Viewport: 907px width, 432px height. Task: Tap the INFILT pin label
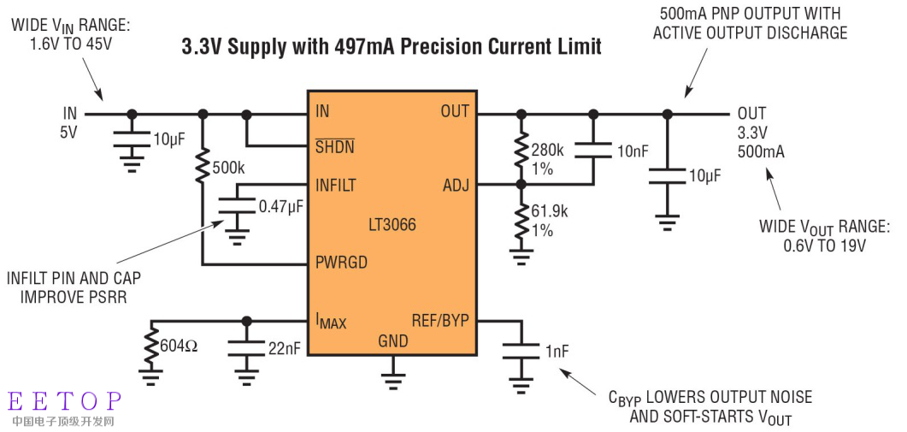[x=336, y=185]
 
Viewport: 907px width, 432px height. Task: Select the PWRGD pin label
[x=341, y=263]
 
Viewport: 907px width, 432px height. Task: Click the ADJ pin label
[x=456, y=185]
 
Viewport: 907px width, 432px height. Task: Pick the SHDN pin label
[x=334, y=146]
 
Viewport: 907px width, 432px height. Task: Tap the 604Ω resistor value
[x=180, y=346]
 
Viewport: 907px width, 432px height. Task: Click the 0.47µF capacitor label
[x=280, y=206]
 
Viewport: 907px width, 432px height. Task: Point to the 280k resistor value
[x=548, y=151]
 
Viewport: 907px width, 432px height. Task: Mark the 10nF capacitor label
[x=633, y=151]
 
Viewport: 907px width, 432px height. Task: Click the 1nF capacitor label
[x=556, y=351]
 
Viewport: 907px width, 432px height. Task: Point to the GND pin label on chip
[x=392, y=341]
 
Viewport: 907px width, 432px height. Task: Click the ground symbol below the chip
[x=392, y=371]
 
